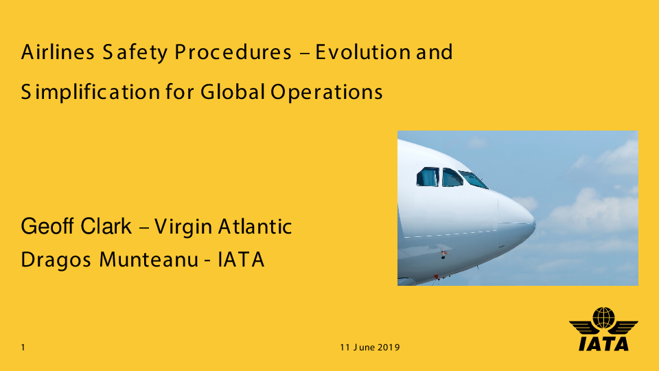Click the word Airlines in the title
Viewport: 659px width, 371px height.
58,52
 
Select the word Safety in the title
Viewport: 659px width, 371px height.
135,53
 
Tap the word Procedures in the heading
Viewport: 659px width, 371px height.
233,52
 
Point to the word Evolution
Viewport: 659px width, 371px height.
363,52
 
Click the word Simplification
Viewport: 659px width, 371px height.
91,91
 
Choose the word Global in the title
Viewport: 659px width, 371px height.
233,91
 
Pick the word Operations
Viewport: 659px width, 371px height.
327,92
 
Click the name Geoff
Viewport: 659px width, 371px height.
47,226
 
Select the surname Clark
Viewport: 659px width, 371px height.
106,226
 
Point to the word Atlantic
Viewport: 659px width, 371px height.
255,226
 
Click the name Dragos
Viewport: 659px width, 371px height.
56,260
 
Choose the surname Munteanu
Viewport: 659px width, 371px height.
149,259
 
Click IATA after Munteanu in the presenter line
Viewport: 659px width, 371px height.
241,259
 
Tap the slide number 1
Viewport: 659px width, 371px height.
23,348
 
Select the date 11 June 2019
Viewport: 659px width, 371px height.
370,348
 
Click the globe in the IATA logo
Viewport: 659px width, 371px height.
603,317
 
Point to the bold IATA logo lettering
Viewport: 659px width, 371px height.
603,344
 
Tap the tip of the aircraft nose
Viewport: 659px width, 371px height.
535,223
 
